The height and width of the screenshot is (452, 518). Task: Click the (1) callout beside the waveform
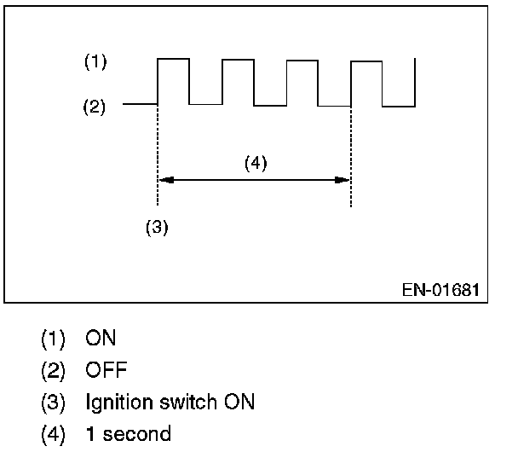click(x=95, y=62)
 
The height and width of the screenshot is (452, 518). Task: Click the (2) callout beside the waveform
click(x=94, y=108)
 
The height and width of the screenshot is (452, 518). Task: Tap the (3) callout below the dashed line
click(x=157, y=229)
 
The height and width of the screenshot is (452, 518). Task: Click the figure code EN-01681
click(x=440, y=290)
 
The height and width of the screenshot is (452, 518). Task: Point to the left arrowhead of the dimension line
click(x=165, y=180)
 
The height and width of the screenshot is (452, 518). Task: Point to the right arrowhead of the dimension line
click(x=344, y=180)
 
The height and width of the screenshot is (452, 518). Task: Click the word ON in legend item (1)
click(x=101, y=339)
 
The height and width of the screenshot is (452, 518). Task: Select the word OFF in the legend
click(x=105, y=370)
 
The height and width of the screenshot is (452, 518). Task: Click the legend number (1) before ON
click(x=53, y=339)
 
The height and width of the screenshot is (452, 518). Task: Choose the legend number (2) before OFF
click(x=53, y=370)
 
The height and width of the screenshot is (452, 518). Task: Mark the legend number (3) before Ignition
click(x=53, y=402)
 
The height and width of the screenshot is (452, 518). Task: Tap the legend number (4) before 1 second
click(x=53, y=433)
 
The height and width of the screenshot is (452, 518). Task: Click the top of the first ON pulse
click(x=173, y=59)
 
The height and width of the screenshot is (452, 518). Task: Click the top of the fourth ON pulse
click(x=366, y=61)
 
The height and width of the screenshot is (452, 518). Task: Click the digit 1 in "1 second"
click(x=89, y=433)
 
